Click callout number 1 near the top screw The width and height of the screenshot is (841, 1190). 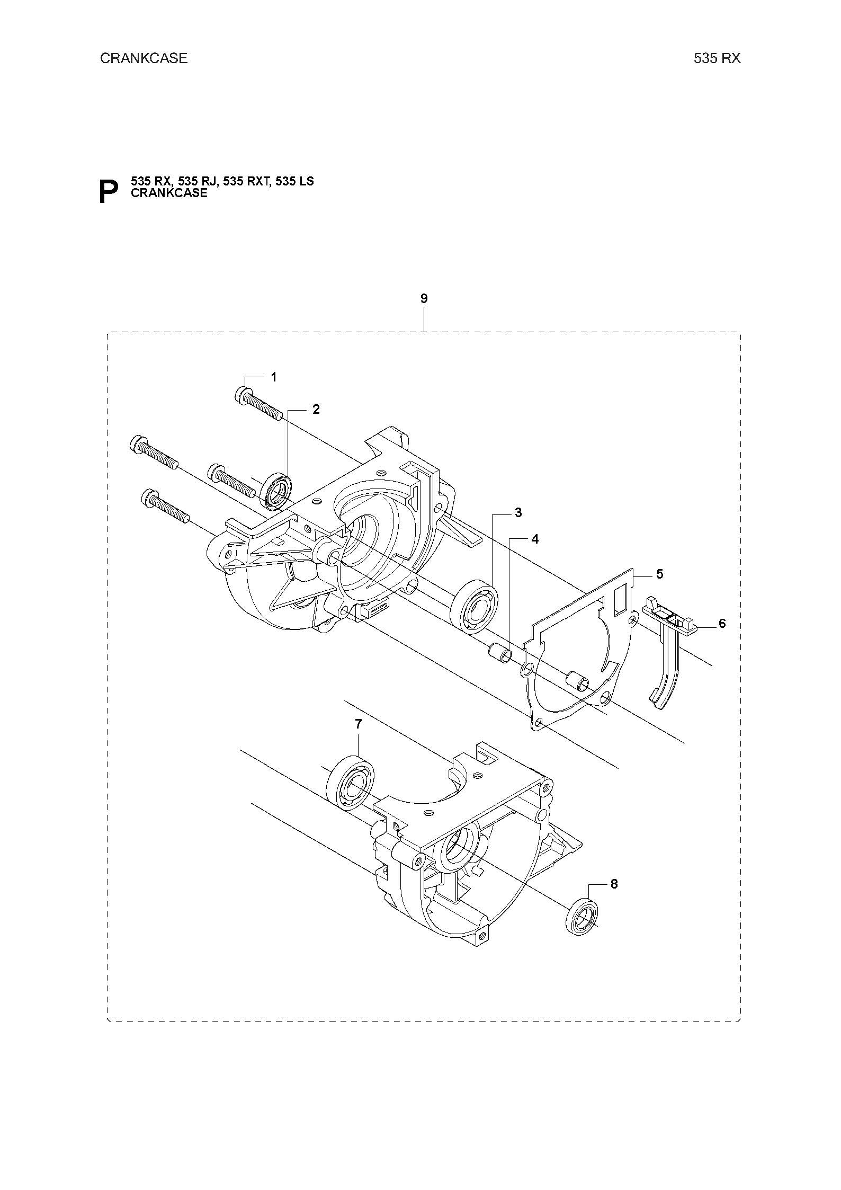[x=274, y=377]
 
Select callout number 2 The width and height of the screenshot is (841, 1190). [x=316, y=409]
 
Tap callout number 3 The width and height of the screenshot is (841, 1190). [x=518, y=512]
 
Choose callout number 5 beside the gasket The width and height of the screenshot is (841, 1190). [x=659, y=573]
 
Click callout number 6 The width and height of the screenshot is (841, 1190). [x=722, y=624]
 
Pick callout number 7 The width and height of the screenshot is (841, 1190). [x=359, y=724]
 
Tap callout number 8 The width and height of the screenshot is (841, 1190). [x=614, y=884]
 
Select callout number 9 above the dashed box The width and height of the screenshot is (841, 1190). [x=424, y=298]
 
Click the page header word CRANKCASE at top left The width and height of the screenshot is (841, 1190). [x=144, y=58]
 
